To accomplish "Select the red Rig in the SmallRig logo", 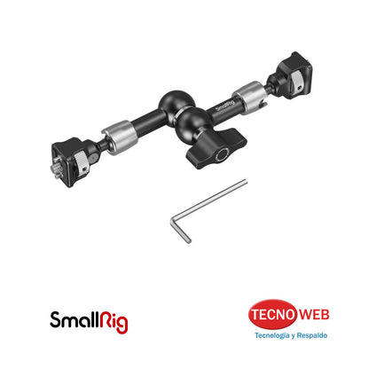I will [114, 320].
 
